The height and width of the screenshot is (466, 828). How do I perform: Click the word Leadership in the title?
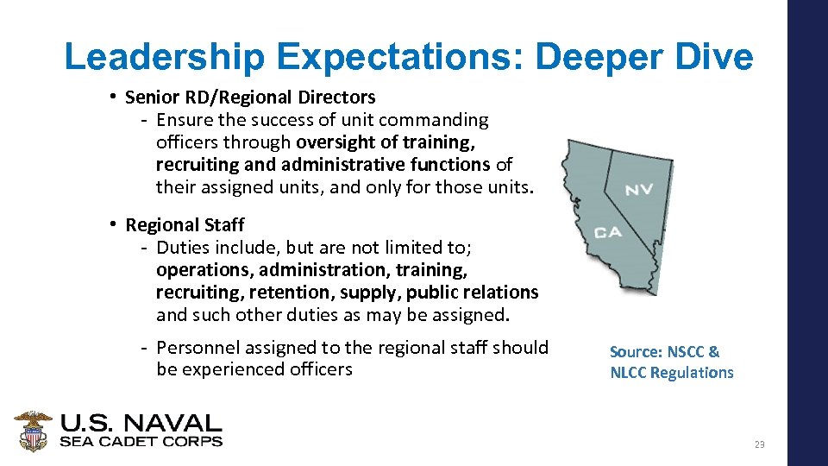tap(165, 57)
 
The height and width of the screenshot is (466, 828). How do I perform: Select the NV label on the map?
tap(639, 189)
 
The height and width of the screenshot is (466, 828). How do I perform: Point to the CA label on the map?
tap(609, 232)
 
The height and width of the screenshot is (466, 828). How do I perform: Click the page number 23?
tap(759, 444)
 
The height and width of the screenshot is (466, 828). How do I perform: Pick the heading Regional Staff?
tap(185, 225)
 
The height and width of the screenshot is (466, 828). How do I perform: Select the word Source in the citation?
tap(635, 352)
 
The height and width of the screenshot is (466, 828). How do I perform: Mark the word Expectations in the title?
tap(401, 57)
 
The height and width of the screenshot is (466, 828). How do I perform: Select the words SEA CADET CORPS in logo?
tap(141, 441)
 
